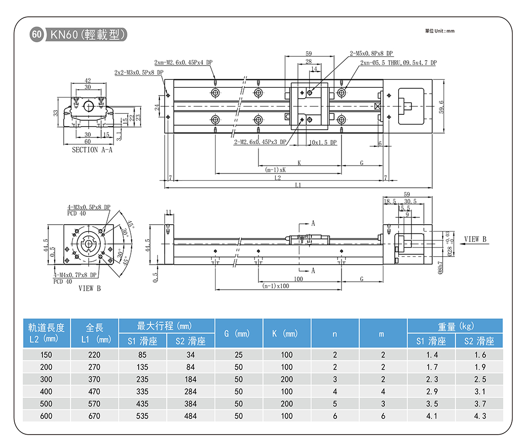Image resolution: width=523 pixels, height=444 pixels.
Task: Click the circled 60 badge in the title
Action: [x=37, y=34]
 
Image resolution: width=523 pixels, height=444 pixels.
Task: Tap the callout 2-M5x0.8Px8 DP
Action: [x=371, y=53]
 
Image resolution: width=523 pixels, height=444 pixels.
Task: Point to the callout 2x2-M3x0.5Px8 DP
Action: [x=138, y=72]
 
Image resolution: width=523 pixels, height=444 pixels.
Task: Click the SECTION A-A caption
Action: [x=92, y=150]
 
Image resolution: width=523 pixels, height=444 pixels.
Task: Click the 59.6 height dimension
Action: [x=441, y=106]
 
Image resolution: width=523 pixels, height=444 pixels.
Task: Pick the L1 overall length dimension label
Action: [x=298, y=185]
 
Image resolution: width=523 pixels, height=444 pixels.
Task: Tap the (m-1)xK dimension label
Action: [x=275, y=170]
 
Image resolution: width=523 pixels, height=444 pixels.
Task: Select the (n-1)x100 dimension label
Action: [x=275, y=286]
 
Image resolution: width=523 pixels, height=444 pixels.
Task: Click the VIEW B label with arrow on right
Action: [x=475, y=239]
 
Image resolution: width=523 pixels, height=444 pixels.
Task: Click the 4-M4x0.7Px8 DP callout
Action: [x=75, y=275]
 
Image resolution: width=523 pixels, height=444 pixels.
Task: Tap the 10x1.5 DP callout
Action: [x=323, y=142]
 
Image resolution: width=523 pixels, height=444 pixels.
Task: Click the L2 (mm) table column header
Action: [x=47, y=333]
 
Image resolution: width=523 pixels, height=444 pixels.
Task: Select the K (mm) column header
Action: [x=287, y=334]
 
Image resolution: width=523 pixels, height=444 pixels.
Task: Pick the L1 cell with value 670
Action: [x=94, y=416]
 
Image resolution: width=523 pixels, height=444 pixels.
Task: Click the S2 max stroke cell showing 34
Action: [x=190, y=355]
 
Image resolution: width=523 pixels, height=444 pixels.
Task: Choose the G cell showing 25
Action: [x=239, y=355]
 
